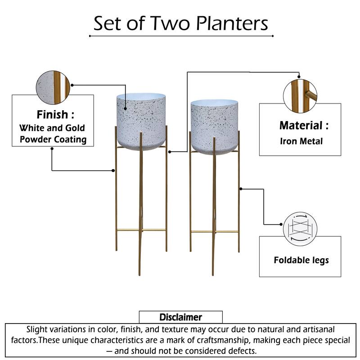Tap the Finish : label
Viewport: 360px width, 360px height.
coord(52,114)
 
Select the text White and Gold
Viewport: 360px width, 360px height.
coord(52,128)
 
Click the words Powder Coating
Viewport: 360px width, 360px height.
coord(52,139)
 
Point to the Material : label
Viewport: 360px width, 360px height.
coord(304,126)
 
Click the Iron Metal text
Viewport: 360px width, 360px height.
coord(301,141)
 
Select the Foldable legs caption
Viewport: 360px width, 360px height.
coord(301,260)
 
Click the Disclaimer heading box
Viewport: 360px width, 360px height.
coord(180,317)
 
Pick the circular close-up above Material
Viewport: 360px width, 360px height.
coord(300,95)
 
